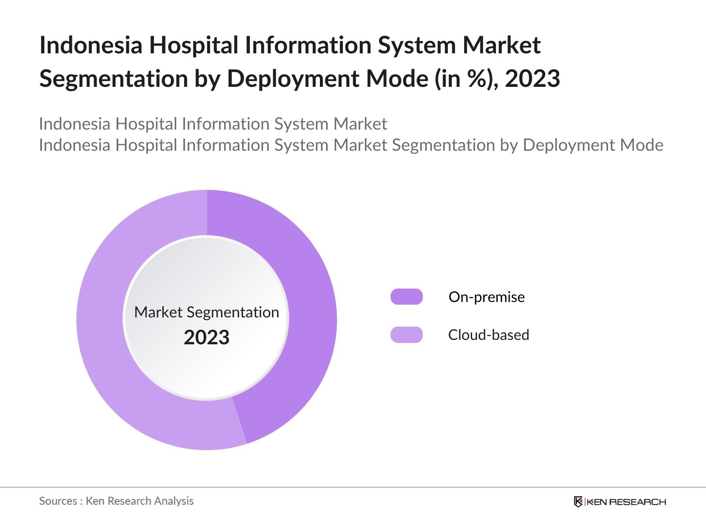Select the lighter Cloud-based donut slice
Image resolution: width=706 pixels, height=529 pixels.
coord(101,331)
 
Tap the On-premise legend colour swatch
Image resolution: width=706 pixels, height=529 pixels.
coord(406,297)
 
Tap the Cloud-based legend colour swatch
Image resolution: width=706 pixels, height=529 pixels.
coord(406,335)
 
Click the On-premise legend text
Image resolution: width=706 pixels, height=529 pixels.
coord(486,297)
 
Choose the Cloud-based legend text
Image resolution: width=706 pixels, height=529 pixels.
coord(488,335)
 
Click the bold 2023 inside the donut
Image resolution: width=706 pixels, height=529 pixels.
coord(207,337)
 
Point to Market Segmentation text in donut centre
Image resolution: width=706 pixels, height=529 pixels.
coord(207,312)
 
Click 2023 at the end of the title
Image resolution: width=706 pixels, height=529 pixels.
coord(532,78)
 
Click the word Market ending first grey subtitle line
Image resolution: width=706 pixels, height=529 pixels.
coord(360,124)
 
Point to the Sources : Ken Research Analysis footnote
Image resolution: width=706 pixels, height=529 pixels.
coord(116,501)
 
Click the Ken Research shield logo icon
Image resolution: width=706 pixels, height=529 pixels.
coord(578,502)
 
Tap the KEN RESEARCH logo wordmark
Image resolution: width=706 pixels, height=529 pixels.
coord(626,502)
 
